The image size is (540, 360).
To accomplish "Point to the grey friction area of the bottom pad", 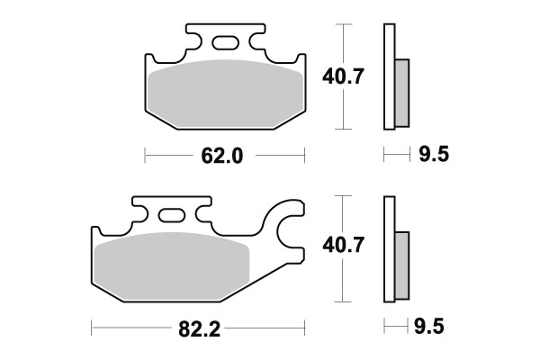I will coord(171,265).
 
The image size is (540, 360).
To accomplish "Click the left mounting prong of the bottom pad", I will coord(140,212).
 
